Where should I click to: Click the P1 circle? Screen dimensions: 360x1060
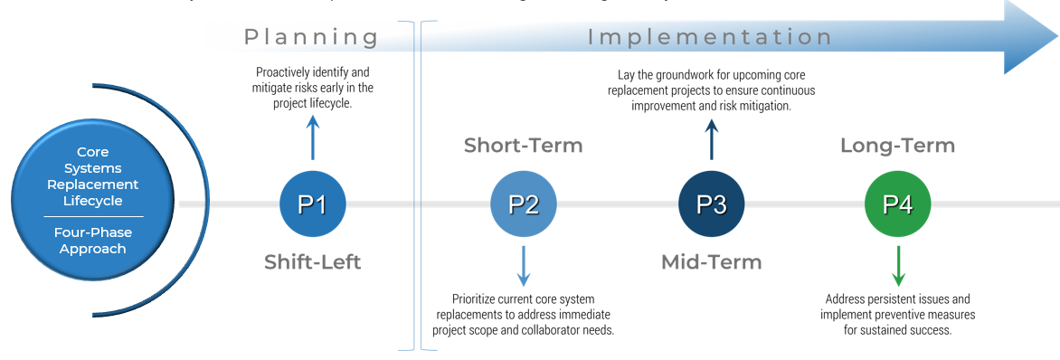click(x=312, y=204)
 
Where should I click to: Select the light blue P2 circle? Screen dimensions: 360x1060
click(x=523, y=204)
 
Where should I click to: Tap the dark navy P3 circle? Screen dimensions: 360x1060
click(x=711, y=204)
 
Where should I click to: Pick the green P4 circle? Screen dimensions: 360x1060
click(x=897, y=204)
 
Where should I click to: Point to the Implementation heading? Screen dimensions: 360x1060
click(x=710, y=37)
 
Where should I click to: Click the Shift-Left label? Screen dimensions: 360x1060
click(x=312, y=262)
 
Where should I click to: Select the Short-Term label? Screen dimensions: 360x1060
click(x=523, y=145)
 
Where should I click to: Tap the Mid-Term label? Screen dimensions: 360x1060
click(x=711, y=262)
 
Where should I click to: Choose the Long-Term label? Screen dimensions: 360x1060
click(x=897, y=145)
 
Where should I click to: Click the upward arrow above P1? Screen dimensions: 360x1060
click(x=312, y=137)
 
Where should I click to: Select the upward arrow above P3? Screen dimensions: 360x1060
click(x=711, y=139)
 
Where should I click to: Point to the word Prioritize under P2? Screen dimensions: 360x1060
click(x=476, y=298)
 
